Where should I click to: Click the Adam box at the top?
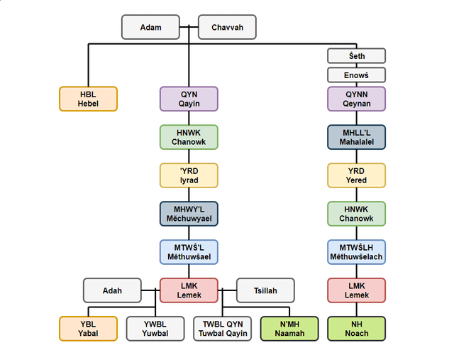tap(150, 28)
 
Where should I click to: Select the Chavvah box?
tap(227, 28)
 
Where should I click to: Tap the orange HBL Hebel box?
tap(88, 99)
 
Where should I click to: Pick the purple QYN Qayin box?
tap(189, 99)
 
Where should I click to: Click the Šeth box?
tap(356, 55)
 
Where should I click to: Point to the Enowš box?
tap(356, 75)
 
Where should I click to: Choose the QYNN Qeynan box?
tap(356, 99)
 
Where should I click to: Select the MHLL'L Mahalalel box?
tap(356, 137)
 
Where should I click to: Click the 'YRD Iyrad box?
tap(189, 175)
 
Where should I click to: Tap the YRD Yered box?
tap(356, 175)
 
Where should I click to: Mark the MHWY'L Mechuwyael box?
tap(189, 214)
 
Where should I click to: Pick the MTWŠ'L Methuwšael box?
tap(189, 252)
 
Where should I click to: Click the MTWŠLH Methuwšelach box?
tap(356, 252)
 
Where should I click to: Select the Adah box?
tap(112, 290)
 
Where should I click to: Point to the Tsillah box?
tap(265, 290)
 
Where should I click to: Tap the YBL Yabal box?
tap(88, 329)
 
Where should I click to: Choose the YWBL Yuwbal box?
tap(155, 329)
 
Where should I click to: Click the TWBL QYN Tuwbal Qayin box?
tap(222, 329)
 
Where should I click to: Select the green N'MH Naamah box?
tap(289, 329)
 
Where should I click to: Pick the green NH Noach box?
tap(356, 329)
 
